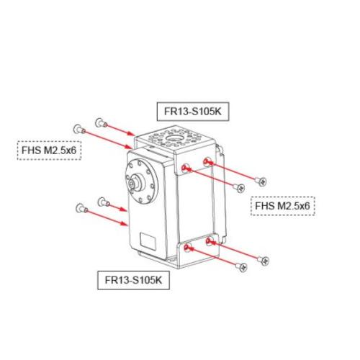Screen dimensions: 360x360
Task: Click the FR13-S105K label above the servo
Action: [193, 112]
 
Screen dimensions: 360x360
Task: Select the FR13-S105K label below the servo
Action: [133, 280]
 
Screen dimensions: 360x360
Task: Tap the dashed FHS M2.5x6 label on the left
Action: [49, 150]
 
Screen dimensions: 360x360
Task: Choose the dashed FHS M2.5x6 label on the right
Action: [283, 206]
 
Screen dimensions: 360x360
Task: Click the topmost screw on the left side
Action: [101, 123]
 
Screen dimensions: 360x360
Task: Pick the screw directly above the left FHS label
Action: [79, 130]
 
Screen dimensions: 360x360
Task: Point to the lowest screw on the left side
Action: [81, 208]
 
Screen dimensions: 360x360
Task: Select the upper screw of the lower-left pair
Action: [104, 202]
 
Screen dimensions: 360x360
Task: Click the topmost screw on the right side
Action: [261, 181]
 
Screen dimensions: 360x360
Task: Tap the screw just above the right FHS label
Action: [239, 187]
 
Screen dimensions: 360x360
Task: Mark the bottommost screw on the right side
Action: [241, 267]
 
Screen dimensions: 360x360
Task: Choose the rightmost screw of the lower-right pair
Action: [263, 261]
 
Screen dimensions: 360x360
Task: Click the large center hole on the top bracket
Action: [172, 138]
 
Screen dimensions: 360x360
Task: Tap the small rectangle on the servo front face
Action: [148, 241]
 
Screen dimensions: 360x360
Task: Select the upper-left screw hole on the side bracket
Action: [185, 168]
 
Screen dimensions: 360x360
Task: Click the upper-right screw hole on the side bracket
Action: [207, 161]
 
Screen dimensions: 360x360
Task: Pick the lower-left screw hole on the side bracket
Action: [187, 247]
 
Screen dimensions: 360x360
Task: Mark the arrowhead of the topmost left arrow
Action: [131, 133]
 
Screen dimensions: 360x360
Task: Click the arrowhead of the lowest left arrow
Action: [125, 224]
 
